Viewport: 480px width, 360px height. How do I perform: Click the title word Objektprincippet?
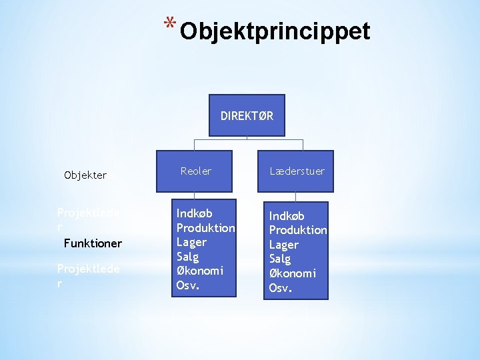[x=275, y=31]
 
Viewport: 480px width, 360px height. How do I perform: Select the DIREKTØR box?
[x=247, y=115]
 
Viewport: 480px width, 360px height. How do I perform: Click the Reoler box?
[x=196, y=171]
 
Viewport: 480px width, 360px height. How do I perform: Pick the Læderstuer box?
[x=297, y=171]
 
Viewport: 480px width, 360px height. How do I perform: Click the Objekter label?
[x=85, y=175]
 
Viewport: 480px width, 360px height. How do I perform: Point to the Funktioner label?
[x=93, y=243]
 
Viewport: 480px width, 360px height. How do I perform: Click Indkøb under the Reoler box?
[x=194, y=213]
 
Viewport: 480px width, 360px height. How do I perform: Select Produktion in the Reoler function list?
[x=205, y=228]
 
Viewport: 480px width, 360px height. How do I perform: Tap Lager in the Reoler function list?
[x=191, y=242]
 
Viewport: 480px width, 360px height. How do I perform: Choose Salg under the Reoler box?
[x=187, y=257]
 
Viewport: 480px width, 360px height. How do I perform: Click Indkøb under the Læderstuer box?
[x=287, y=216]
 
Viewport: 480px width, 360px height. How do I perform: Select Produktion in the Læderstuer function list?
[x=298, y=230]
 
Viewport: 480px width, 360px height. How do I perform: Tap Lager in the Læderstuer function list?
[x=284, y=245]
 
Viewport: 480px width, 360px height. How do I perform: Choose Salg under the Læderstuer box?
[x=280, y=259]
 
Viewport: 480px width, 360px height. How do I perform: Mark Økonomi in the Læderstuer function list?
[x=293, y=273]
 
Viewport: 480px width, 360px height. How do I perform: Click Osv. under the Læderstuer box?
[x=279, y=288]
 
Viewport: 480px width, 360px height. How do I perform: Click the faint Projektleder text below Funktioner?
[x=89, y=275]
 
